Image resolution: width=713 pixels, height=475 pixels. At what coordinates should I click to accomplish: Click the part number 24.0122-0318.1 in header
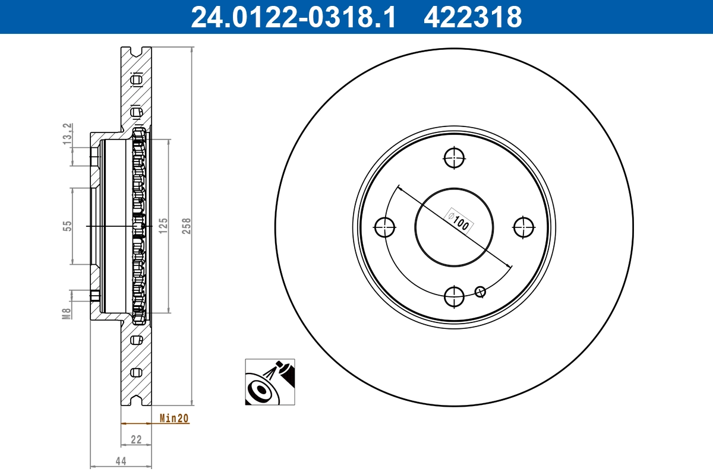click(292, 17)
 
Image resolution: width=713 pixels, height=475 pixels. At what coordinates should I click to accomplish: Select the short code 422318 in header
click(472, 17)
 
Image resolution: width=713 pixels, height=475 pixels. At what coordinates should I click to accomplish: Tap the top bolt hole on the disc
click(455, 158)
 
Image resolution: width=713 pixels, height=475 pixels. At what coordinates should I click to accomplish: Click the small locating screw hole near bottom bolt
click(481, 291)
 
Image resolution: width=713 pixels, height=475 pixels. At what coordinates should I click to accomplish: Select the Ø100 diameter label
click(459, 221)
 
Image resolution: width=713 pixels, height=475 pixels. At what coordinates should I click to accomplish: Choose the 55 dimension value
click(67, 226)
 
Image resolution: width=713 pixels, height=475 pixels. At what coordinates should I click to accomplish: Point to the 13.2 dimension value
click(67, 133)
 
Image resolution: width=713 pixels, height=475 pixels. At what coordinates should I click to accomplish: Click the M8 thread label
click(67, 313)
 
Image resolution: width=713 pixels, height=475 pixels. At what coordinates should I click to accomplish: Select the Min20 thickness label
click(174, 419)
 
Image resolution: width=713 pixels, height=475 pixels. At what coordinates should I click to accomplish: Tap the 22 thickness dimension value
click(136, 439)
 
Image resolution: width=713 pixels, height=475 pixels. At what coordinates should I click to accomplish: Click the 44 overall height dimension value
click(121, 461)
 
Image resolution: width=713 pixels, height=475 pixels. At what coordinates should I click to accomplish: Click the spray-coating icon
click(270, 382)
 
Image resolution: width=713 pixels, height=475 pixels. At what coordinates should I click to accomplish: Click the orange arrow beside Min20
click(134, 423)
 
